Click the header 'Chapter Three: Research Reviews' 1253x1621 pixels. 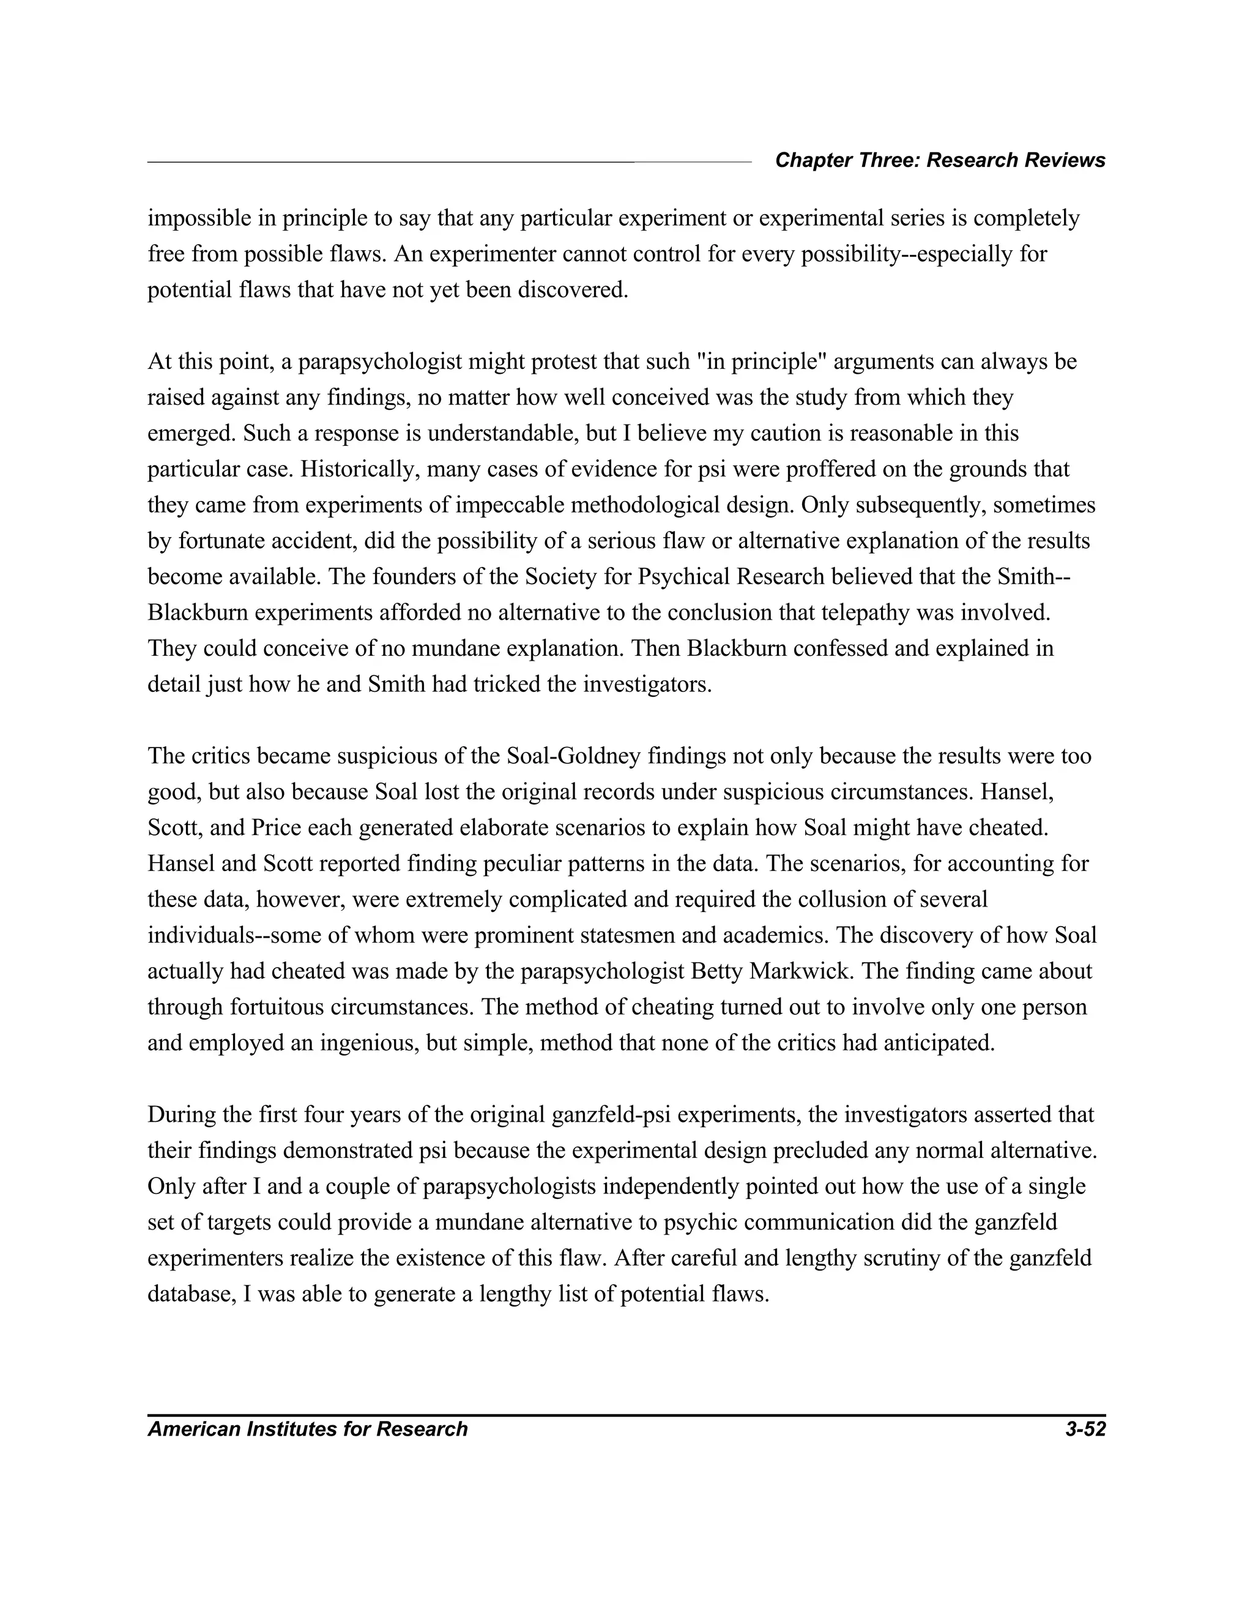point(940,160)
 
